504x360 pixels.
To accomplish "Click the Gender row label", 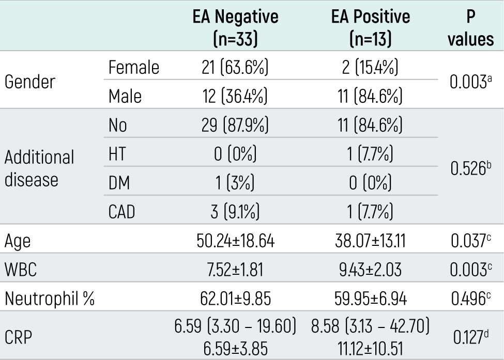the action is (30, 82).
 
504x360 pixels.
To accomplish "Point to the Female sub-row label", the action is (134, 67).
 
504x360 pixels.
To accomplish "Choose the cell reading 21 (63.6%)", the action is (235, 68).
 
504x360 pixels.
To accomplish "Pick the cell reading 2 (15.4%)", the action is (370, 68).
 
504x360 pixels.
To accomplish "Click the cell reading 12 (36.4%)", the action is (235, 96).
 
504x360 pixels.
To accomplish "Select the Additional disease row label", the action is (39, 168).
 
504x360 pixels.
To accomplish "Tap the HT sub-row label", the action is (117, 154).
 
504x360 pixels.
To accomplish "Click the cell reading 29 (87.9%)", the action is (235, 125).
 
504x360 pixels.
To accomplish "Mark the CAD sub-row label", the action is (121, 212).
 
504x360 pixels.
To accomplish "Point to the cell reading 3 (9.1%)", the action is (235, 212).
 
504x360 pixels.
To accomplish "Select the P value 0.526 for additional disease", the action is (470, 168).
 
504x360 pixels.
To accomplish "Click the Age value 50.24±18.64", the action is (236, 241).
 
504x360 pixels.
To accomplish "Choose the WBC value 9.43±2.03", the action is (370, 270).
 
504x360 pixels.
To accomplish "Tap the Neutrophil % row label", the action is (50, 299).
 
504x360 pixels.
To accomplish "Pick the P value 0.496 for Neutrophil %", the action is (471, 299).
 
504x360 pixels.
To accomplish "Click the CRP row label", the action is (18, 337).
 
